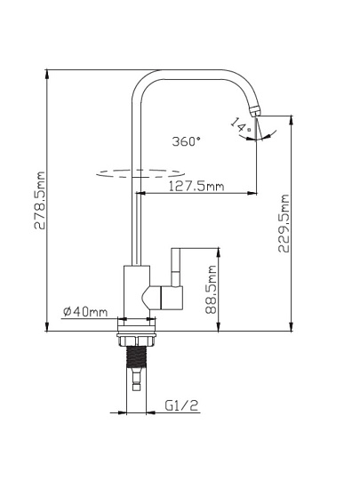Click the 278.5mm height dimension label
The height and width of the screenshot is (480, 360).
pos(39,201)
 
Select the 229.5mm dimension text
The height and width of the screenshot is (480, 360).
pos(284,223)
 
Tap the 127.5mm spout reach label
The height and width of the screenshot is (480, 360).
pos(196,186)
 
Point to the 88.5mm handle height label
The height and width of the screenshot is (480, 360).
pos(212,289)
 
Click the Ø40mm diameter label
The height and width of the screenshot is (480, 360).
pos(85,312)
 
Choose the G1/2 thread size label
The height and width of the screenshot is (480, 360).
pos(182,405)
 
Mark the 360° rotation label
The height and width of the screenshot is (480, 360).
pos(187,141)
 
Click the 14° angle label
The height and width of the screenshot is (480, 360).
pos(241,125)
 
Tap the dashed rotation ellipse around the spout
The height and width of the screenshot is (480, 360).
pos(140,173)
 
